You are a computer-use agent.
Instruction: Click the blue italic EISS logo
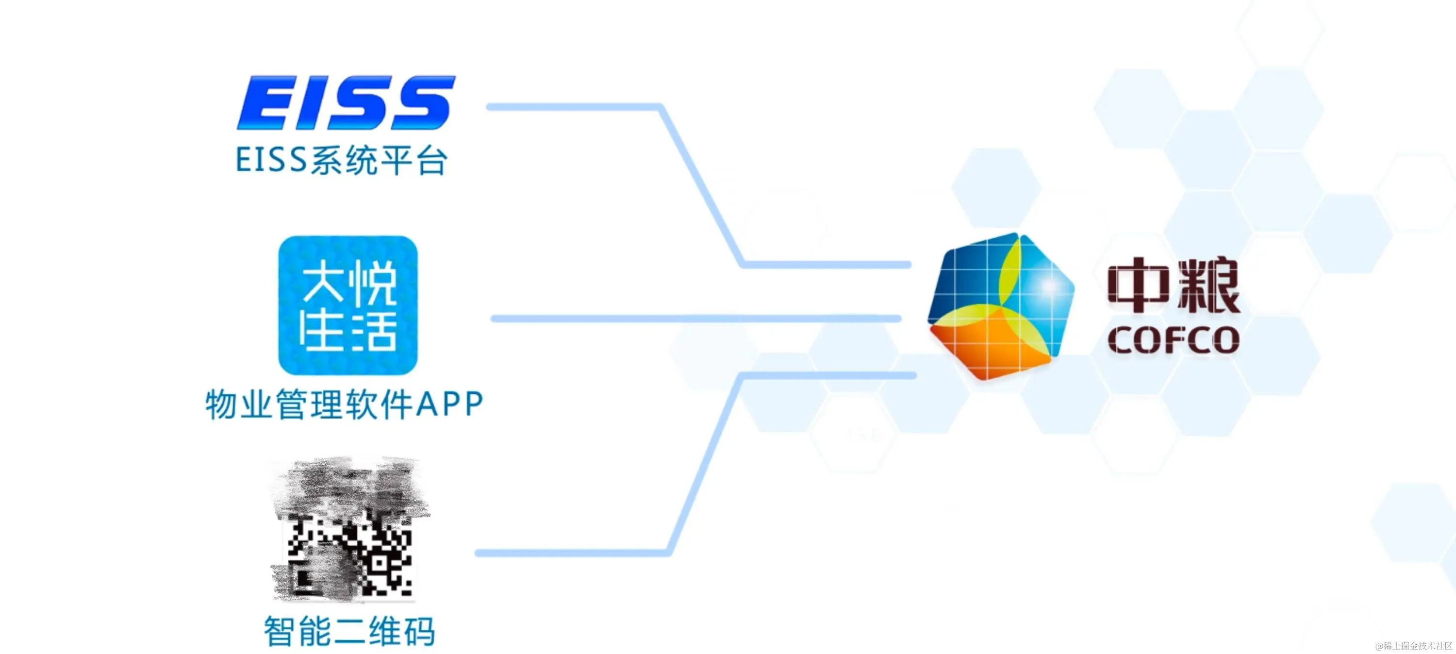click(x=346, y=103)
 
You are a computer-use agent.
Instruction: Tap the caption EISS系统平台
click(x=341, y=161)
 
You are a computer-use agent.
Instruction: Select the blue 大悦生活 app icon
click(x=347, y=305)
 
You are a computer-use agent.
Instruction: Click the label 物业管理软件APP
click(x=344, y=405)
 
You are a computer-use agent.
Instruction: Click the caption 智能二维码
click(x=349, y=631)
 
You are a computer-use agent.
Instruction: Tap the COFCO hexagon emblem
click(x=1000, y=305)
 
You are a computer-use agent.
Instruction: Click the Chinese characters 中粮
click(x=1174, y=285)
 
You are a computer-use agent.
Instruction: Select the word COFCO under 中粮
click(x=1174, y=340)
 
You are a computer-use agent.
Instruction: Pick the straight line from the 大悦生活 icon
click(x=695, y=319)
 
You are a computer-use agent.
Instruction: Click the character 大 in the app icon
click(x=323, y=283)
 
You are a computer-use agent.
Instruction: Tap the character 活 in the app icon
click(x=373, y=331)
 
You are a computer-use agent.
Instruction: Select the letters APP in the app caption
click(x=449, y=405)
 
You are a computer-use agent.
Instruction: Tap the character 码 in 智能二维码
click(x=418, y=631)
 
